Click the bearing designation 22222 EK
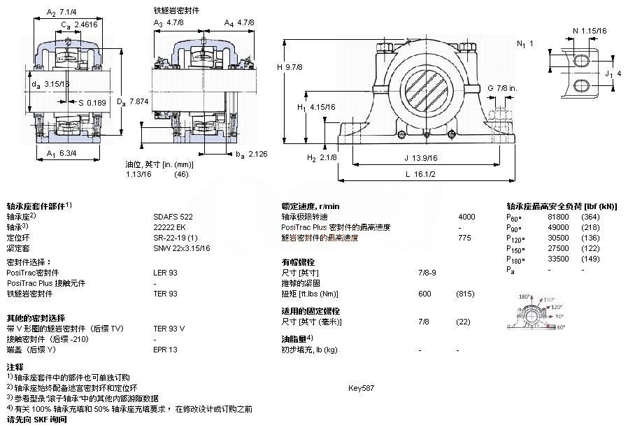click(x=169, y=227)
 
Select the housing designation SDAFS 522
click(x=173, y=217)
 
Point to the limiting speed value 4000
click(x=466, y=217)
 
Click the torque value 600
click(x=424, y=294)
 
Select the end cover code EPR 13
click(x=165, y=349)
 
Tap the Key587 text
click(x=361, y=387)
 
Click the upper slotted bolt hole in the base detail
click(x=582, y=61)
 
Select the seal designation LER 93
click(x=165, y=272)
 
